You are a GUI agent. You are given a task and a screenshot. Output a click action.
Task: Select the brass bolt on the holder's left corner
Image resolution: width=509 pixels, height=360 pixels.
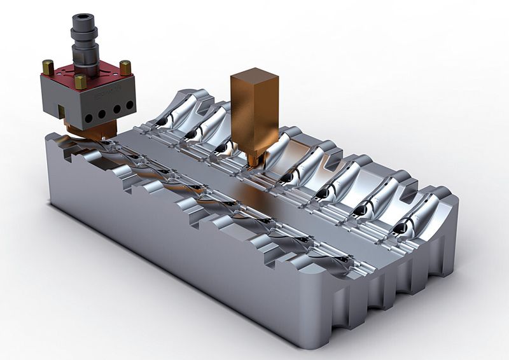click(48, 66)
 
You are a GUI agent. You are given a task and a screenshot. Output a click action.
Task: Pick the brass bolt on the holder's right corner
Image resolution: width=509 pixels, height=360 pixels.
click(125, 67)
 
